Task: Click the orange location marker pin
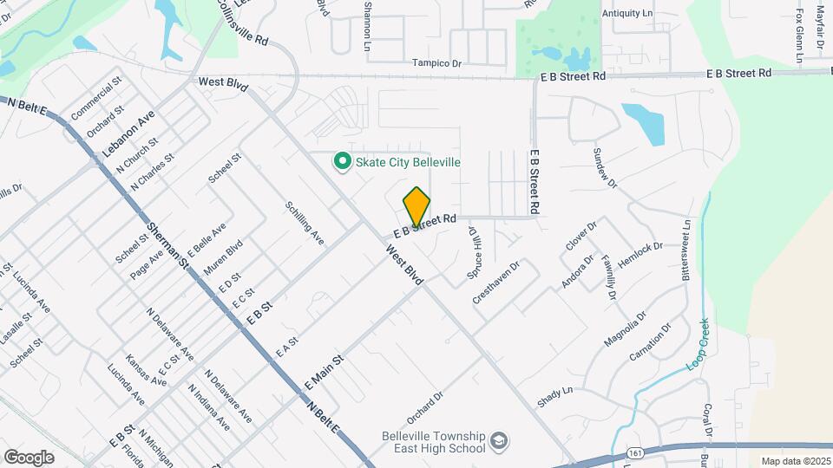416,206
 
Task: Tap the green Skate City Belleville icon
343,161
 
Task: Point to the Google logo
29,457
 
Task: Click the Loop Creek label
699,345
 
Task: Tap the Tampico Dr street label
436,63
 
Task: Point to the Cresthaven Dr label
495,282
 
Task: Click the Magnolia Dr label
625,328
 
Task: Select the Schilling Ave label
304,223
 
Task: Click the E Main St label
325,370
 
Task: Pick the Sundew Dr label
604,168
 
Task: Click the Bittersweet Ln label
686,247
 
